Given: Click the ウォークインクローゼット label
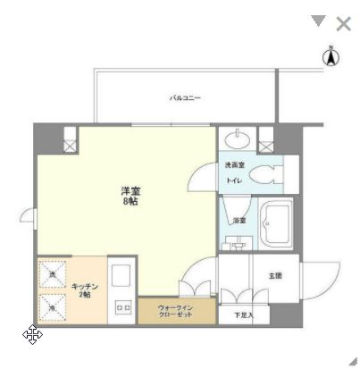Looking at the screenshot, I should tap(175, 310).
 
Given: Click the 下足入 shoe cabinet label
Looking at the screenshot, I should tap(244, 314).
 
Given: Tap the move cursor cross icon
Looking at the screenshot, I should tap(32, 335).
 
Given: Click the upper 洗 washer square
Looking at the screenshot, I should tap(53, 273).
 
